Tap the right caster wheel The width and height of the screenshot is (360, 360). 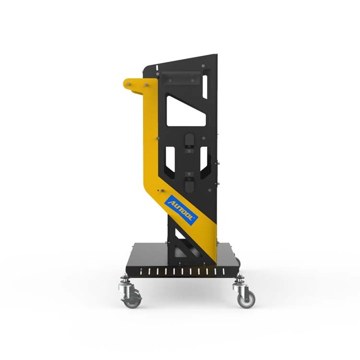click(246, 299)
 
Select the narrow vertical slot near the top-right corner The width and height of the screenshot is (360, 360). click(205, 87)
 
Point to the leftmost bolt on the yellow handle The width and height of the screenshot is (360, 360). click(128, 84)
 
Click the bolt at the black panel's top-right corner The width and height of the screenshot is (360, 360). click(203, 66)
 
